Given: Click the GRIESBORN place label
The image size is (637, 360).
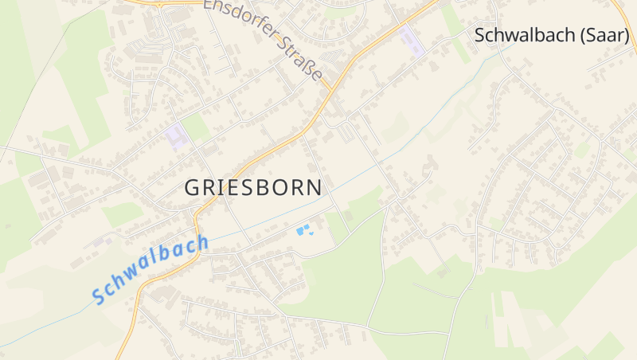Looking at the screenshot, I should pos(253,188).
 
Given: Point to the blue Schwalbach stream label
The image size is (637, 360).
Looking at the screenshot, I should pos(150,268).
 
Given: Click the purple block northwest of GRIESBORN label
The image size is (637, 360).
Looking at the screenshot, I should pos(177,136).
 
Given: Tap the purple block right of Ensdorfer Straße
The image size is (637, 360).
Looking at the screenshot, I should pos(412,39).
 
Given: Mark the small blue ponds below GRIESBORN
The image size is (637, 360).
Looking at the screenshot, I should pos(303,230).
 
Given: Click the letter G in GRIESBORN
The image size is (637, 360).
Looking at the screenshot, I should pos(192,188).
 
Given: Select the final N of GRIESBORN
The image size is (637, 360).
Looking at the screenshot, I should pos(315,188).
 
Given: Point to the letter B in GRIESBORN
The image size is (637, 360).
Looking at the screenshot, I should pos(267,188).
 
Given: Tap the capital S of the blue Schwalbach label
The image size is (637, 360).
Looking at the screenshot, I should pos(100,295).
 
